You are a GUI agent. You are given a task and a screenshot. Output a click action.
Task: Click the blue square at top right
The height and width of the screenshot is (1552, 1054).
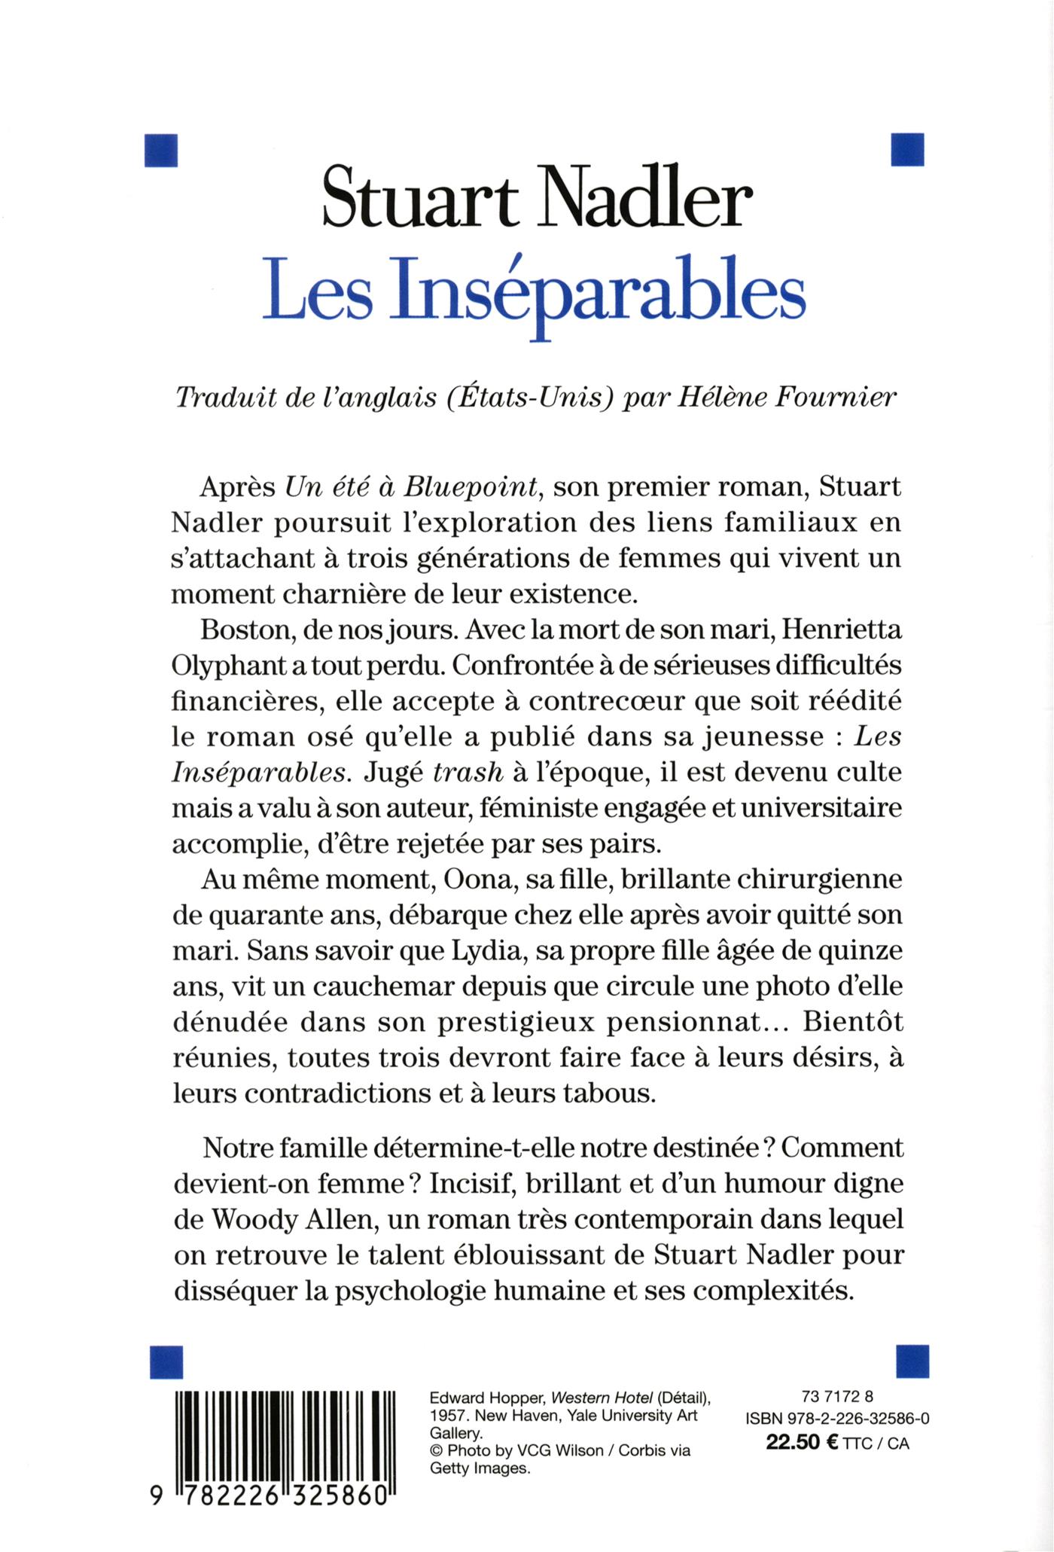(x=906, y=149)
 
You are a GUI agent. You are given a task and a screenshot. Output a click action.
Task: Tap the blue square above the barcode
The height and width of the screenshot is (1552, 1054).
(x=167, y=1361)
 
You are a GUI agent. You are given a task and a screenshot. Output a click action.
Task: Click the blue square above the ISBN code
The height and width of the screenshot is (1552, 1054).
(x=913, y=1361)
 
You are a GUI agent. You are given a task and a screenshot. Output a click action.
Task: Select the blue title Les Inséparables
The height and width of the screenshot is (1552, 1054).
(x=534, y=294)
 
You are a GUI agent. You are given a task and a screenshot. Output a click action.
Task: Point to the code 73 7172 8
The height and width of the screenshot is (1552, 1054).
(x=833, y=1395)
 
